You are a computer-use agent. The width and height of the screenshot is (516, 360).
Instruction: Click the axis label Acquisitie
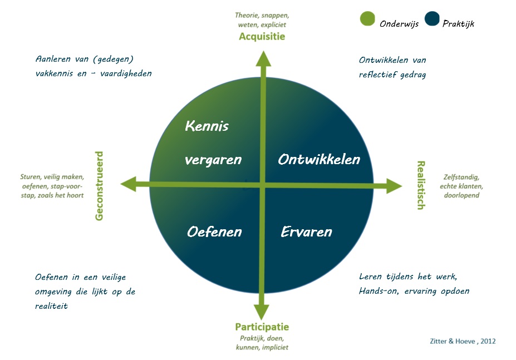point(262,36)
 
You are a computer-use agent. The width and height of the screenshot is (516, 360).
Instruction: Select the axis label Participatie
point(262,327)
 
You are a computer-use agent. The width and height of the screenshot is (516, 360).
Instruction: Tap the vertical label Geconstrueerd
point(99,186)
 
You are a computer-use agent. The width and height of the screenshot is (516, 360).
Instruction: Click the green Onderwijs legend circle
point(367,18)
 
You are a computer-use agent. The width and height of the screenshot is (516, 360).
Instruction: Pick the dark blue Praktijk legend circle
point(432,18)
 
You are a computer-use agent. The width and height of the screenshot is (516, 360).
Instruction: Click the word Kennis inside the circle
point(207,126)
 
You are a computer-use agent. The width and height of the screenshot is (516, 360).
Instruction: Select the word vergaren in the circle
point(213,160)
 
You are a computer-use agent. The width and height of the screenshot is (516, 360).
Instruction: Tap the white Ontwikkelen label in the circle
point(319,160)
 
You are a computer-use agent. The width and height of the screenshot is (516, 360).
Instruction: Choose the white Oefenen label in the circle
point(214,232)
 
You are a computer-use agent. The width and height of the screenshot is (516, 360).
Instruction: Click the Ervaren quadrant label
point(306,232)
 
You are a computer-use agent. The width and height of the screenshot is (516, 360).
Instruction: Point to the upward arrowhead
point(263,58)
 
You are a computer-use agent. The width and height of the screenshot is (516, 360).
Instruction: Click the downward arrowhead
point(262,312)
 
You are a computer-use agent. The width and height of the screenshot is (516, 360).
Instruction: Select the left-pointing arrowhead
point(129,184)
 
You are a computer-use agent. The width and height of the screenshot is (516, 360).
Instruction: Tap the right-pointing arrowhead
point(394,186)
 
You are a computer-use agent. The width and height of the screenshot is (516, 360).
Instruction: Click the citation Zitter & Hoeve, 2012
point(463,341)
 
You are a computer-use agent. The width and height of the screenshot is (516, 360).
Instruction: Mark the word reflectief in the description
point(378,75)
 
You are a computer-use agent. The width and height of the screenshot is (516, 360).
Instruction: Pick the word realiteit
point(51,306)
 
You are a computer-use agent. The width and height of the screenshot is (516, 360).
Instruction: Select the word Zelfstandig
point(461,177)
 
